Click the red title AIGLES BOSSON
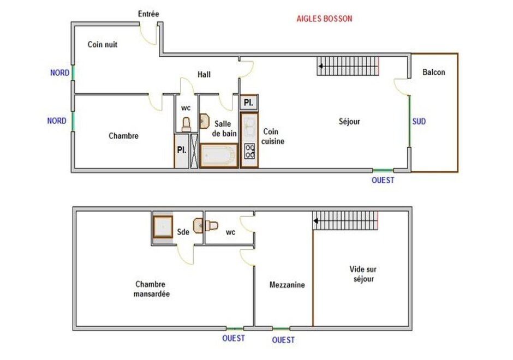[x=324, y=19]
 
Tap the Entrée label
[x=148, y=14]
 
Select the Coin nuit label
[x=103, y=45]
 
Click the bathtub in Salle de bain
[x=219, y=155]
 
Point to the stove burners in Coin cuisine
[x=249, y=151]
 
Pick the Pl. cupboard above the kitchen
[x=249, y=103]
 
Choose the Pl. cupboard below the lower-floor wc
[x=182, y=151]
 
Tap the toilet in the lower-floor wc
[x=186, y=124]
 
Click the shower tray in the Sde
[x=163, y=226]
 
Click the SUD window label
[x=419, y=122]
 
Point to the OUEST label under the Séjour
[x=383, y=180]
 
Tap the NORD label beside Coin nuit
[x=60, y=73]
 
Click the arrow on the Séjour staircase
[x=321, y=66]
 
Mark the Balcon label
[x=434, y=72]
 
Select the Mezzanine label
[x=287, y=285]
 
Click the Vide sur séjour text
[x=363, y=274]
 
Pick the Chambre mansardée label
[x=152, y=289]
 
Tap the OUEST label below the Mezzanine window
[x=283, y=340]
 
